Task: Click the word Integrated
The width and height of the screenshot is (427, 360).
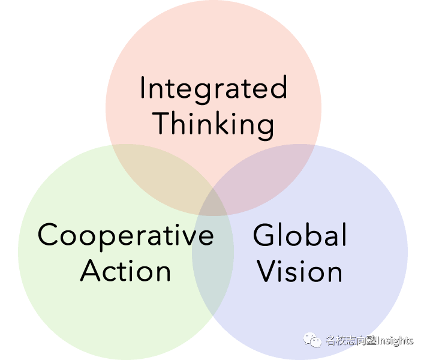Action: click(213, 88)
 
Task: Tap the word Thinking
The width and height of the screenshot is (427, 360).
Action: click(213, 124)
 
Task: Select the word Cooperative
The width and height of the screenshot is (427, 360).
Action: click(125, 235)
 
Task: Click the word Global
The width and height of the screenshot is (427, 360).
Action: click(300, 235)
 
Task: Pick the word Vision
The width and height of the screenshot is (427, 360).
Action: click(300, 271)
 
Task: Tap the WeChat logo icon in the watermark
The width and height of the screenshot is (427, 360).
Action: click(312, 340)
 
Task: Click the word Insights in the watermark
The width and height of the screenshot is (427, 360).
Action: click(395, 341)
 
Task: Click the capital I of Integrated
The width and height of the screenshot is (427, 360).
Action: click(143, 88)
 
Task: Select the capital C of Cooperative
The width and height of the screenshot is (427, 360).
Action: click(49, 235)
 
